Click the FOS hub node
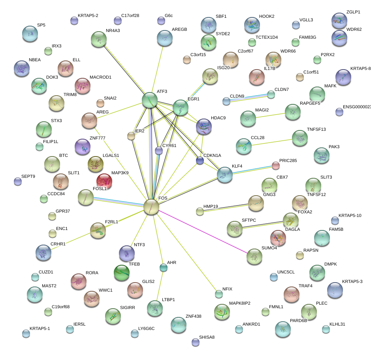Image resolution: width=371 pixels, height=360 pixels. click(151, 207)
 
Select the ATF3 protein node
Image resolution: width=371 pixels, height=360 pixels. click(150, 100)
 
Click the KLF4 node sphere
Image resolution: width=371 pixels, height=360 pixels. click(225, 174)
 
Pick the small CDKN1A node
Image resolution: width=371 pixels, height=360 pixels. click(200, 160)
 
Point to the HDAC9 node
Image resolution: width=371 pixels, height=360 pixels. click(204, 126)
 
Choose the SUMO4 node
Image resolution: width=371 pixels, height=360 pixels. click(254, 256)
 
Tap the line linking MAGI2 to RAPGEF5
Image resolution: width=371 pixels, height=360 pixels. click(270, 115)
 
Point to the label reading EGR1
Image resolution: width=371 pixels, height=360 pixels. click(194, 99)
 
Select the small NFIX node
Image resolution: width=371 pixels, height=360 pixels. click(219, 294)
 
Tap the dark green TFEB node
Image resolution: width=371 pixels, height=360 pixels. click(121, 272)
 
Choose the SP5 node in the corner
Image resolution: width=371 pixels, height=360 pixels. click(30, 34)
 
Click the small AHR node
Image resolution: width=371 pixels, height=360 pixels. click(163, 268)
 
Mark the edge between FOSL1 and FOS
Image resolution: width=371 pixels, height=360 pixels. click(119, 202)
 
